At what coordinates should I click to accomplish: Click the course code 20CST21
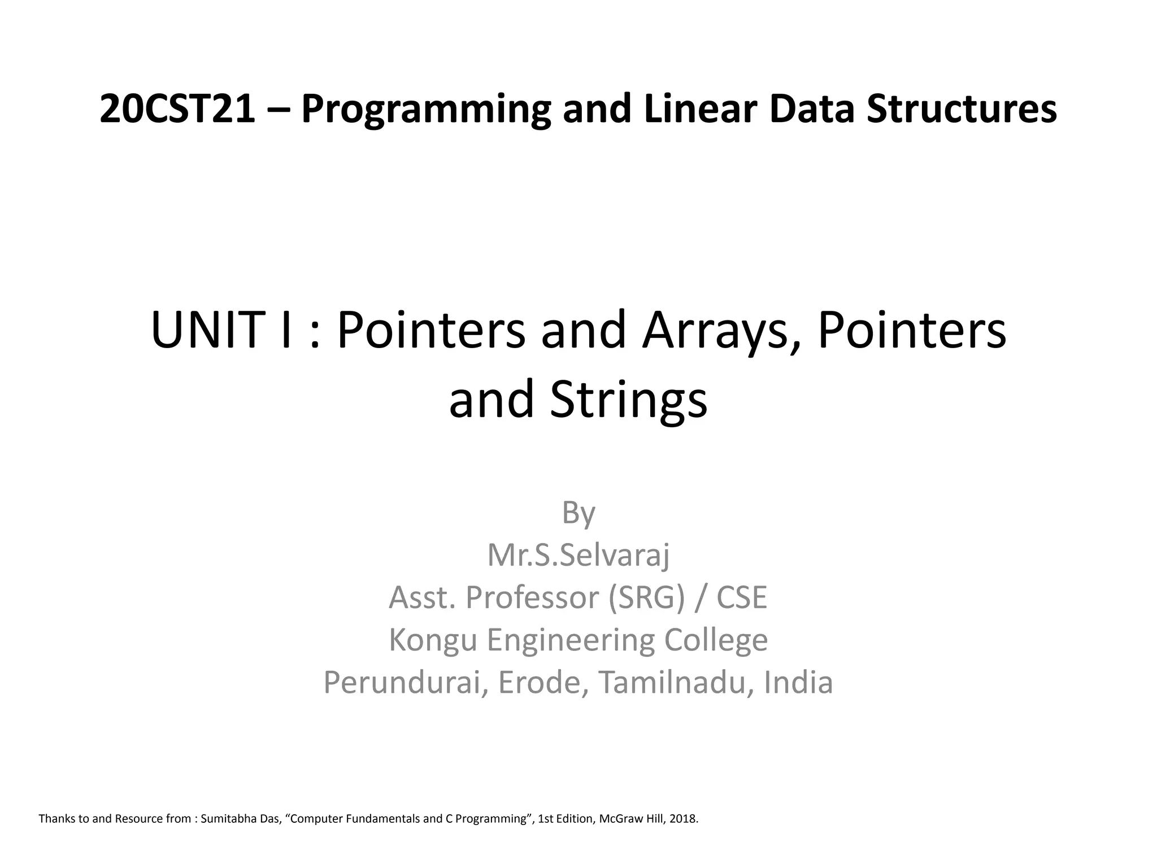pos(177,109)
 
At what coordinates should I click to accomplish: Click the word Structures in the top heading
pos(962,109)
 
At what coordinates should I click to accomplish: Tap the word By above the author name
pos(578,513)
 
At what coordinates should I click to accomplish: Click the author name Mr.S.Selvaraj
pos(578,555)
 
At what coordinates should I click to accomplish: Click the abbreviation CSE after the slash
pos(742,597)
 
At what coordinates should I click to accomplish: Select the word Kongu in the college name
pos(433,640)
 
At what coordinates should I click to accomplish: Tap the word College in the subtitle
pos(716,640)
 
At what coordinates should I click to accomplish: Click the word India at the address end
pos(798,683)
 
